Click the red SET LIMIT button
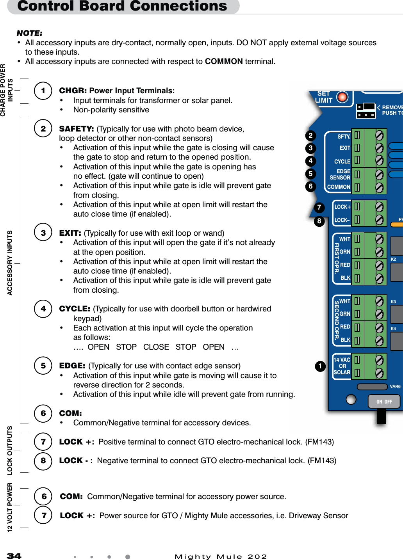click(342, 97)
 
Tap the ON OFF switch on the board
click(384, 402)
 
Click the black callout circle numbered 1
click(320, 366)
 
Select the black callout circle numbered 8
click(319, 221)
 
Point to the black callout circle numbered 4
click(310, 161)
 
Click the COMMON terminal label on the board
click(339, 187)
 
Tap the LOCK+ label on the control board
click(342, 207)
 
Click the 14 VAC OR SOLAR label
click(342, 366)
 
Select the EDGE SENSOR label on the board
click(340, 174)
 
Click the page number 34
click(14, 556)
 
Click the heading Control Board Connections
click(122, 6)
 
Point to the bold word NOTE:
click(30, 33)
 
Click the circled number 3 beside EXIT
click(43, 233)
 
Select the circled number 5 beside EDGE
click(43, 366)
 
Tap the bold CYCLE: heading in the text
click(75, 309)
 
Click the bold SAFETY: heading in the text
click(76, 129)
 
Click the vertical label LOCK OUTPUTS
click(10, 450)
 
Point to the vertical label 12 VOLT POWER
click(10, 507)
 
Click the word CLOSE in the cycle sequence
click(156, 347)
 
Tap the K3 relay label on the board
click(393, 302)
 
